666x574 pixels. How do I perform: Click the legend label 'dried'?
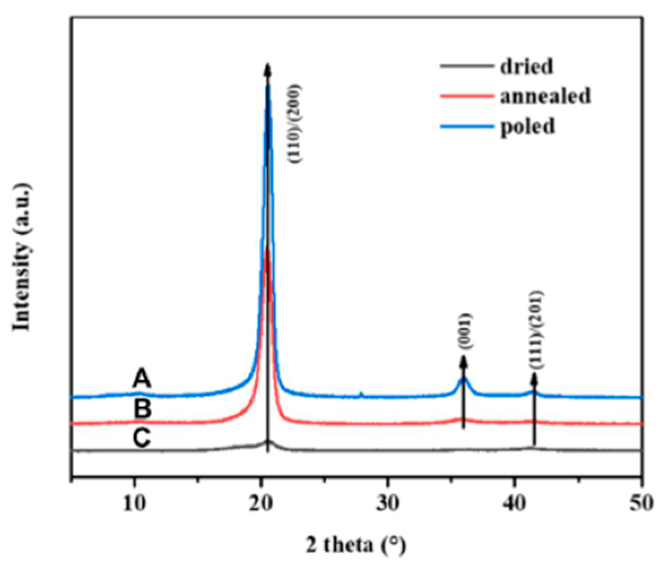[526, 67]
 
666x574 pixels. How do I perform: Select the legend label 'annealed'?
[545, 96]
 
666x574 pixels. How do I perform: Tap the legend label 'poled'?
[526, 126]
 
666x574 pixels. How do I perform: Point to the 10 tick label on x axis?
[134, 500]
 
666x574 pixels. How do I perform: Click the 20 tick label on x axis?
[261, 500]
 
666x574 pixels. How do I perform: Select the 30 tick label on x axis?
[388, 500]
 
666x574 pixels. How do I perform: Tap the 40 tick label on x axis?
[515, 500]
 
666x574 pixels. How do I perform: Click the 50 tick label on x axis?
[641, 500]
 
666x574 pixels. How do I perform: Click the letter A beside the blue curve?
[142, 377]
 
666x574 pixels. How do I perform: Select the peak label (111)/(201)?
[537, 330]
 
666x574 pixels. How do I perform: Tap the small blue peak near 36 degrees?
[463, 381]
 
